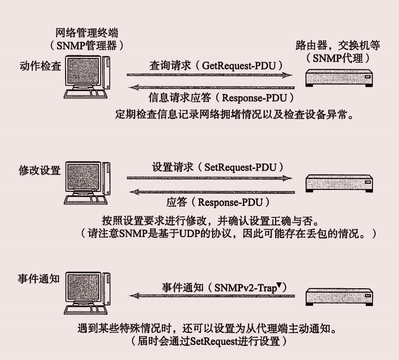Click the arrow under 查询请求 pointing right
(x=210, y=75)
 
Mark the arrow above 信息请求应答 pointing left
(x=210, y=87)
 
